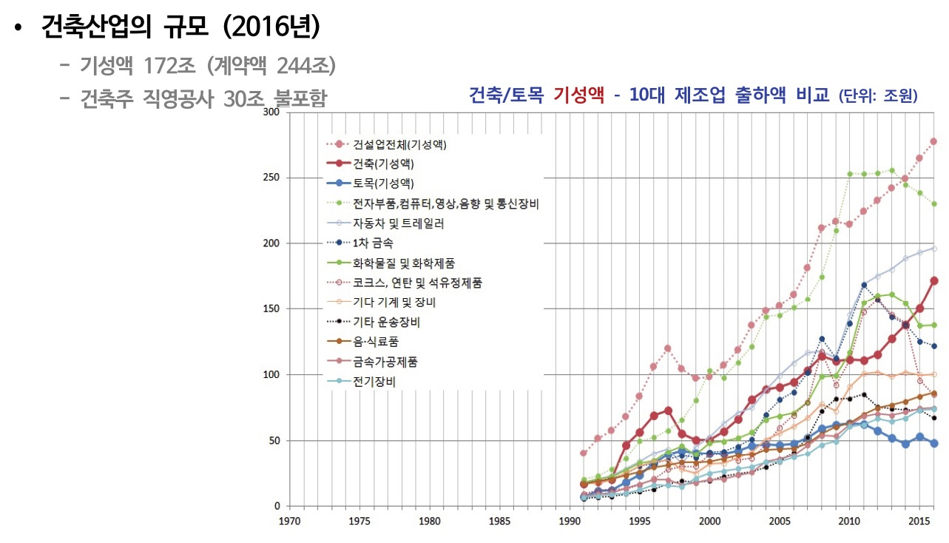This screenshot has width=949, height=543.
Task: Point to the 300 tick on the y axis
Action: coord(271,112)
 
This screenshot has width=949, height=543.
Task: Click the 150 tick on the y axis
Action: coord(271,309)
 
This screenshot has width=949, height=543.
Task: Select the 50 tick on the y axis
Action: coord(274,441)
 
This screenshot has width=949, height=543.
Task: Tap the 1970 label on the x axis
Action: coord(289,522)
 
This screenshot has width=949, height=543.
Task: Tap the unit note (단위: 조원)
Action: coord(878,96)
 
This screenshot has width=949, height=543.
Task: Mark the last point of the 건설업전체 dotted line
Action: coord(934,141)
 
